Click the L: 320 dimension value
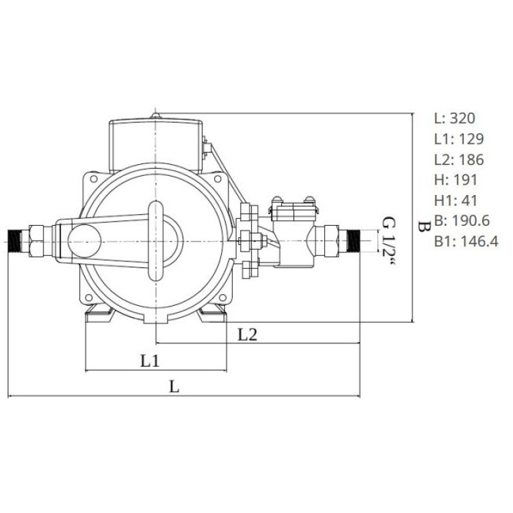(454, 118)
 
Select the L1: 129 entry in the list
(459, 139)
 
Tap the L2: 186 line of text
(459, 159)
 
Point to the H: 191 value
(456, 180)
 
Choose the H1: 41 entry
(456, 200)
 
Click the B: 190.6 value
(462, 221)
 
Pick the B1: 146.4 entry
(466, 241)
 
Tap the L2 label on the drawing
(248, 334)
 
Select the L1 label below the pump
(150, 361)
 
